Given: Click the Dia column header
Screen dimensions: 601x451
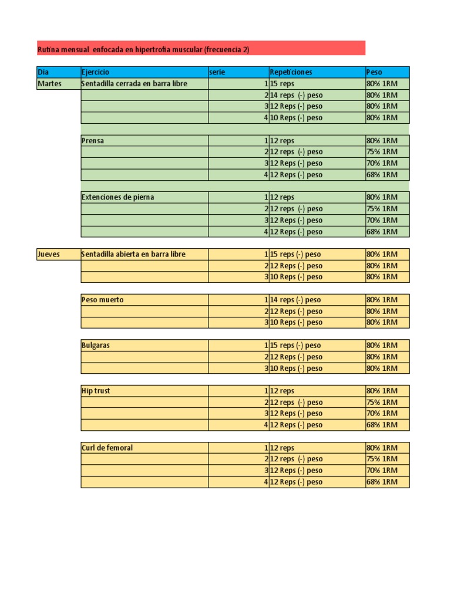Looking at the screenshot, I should pyautogui.click(x=58, y=72).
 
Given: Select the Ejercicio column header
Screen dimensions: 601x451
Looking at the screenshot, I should pyautogui.click(x=144, y=72).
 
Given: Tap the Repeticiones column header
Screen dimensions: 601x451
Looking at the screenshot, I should pyautogui.click(x=317, y=72).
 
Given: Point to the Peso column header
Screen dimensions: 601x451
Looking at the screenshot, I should pyautogui.click(x=387, y=72).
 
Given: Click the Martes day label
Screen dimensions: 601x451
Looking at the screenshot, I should pyautogui.click(x=58, y=84).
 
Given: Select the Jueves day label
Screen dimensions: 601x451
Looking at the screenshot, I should pyautogui.click(x=58, y=254).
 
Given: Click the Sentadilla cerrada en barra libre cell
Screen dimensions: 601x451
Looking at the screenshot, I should pyautogui.click(x=144, y=84).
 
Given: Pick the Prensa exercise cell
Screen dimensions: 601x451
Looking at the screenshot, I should pyautogui.click(x=144, y=141).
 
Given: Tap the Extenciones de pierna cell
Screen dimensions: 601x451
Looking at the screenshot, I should pyautogui.click(x=144, y=197).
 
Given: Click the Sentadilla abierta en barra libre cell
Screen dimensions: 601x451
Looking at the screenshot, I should pyautogui.click(x=144, y=254).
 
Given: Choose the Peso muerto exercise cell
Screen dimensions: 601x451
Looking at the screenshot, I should pyautogui.click(x=144, y=300).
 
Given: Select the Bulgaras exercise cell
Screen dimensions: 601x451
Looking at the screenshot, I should pyautogui.click(x=144, y=346).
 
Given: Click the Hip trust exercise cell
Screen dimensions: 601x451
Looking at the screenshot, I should pyautogui.click(x=144, y=391).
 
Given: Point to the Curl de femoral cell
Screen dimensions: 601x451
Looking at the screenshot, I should pyautogui.click(x=144, y=448).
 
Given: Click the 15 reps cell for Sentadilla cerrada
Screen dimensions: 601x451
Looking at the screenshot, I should pyautogui.click(x=317, y=84).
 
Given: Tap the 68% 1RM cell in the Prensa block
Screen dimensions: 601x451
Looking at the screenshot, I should pyautogui.click(x=387, y=175).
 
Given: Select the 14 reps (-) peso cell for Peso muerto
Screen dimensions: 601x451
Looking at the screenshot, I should pyautogui.click(x=317, y=300).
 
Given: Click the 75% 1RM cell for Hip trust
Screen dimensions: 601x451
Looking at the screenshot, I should pyautogui.click(x=387, y=403).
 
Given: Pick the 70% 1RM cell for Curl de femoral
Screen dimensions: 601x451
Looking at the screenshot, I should pyautogui.click(x=387, y=471).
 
